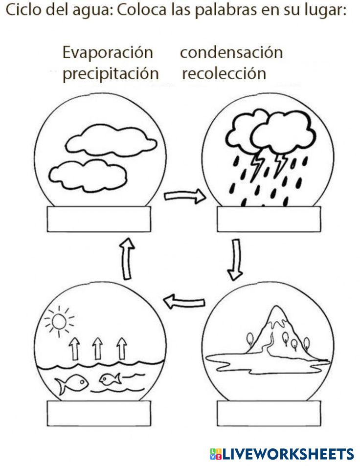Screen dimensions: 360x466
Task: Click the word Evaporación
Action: pyautogui.click(x=107, y=52)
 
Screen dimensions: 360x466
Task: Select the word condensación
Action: pyautogui.click(x=231, y=52)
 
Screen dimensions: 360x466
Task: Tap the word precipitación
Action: pyautogui.click(x=111, y=73)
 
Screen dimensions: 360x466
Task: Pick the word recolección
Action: pyautogui.click(x=224, y=73)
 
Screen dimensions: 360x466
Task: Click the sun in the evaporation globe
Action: pyautogui.click(x=59, y=321)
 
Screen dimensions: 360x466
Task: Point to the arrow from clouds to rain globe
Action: pyautogui.click(x=184, y=197)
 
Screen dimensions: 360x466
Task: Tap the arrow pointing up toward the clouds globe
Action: pyautogui.click(x=127, y=258)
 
